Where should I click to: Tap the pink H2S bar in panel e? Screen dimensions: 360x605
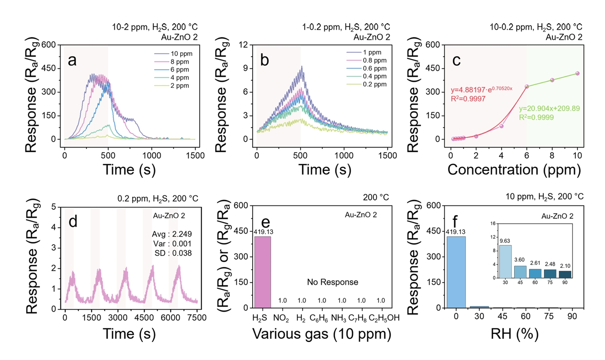point(263,272)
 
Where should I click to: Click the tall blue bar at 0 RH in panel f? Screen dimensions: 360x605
point(456,272)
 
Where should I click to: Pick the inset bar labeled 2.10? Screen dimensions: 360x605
point(565,274)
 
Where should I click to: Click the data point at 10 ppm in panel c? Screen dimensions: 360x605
point(577,73)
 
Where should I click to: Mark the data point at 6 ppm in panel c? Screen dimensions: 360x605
point(526,86)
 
